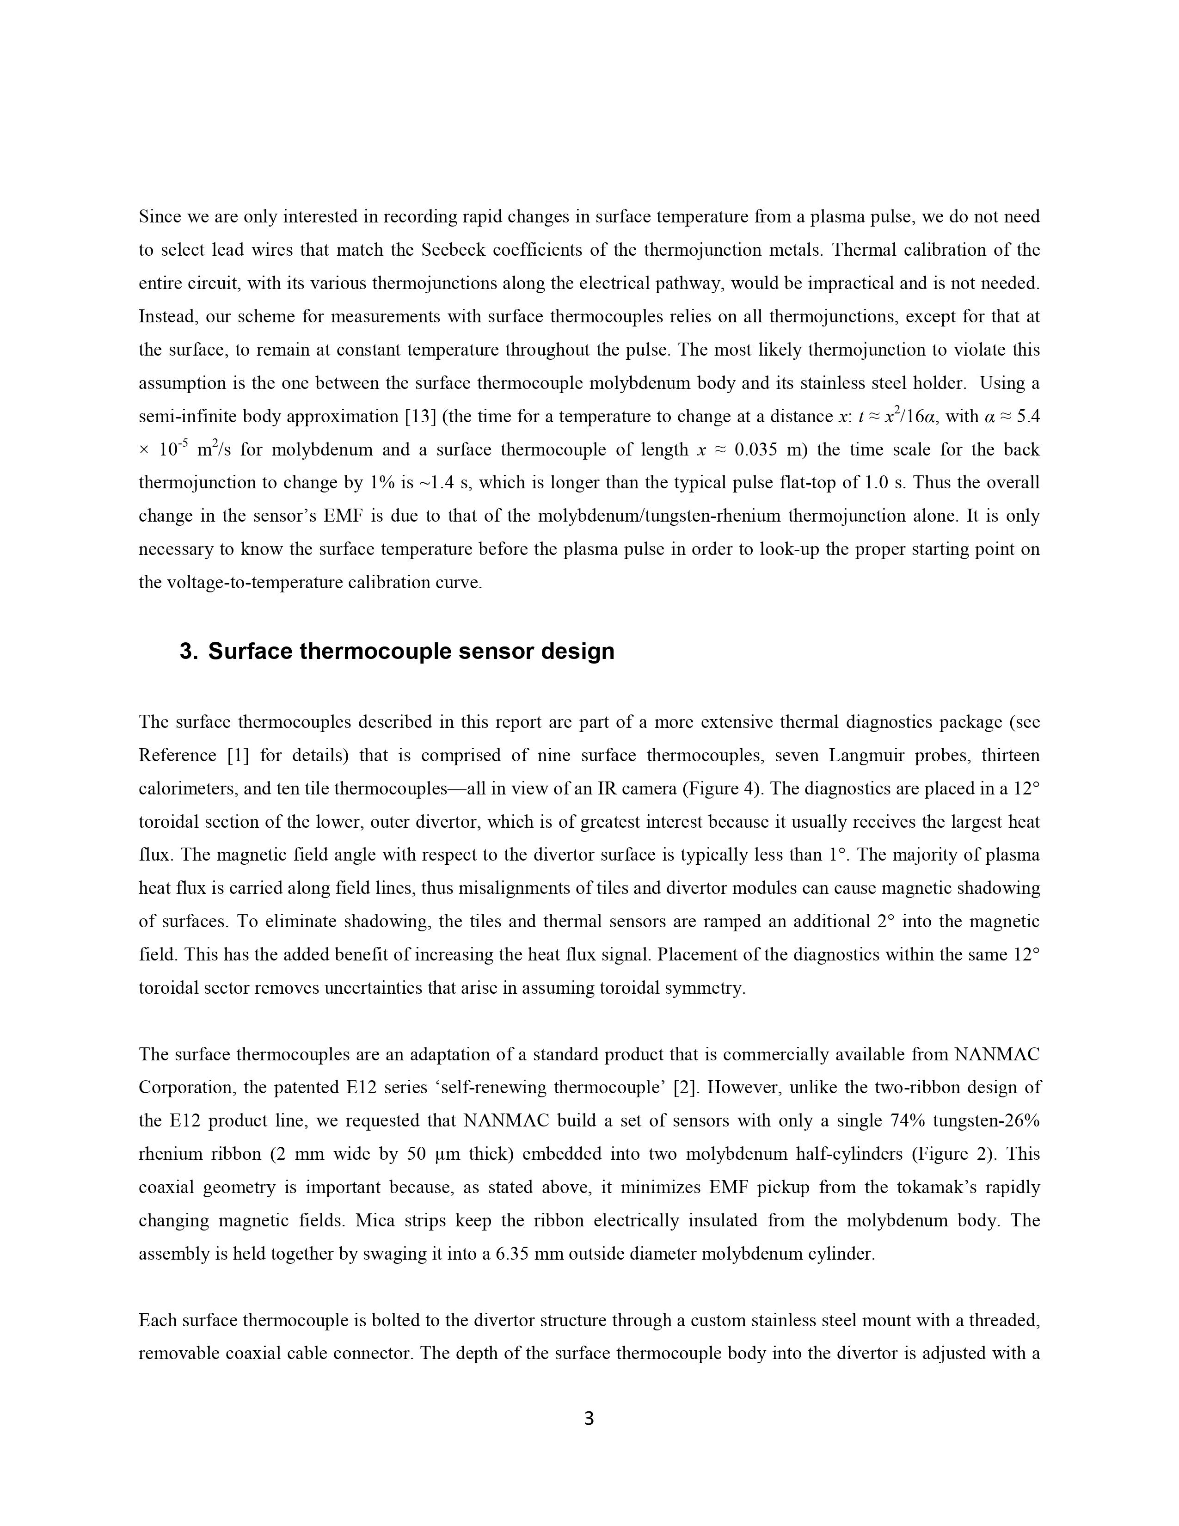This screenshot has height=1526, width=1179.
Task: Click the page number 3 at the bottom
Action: (x=589, y=1418)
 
